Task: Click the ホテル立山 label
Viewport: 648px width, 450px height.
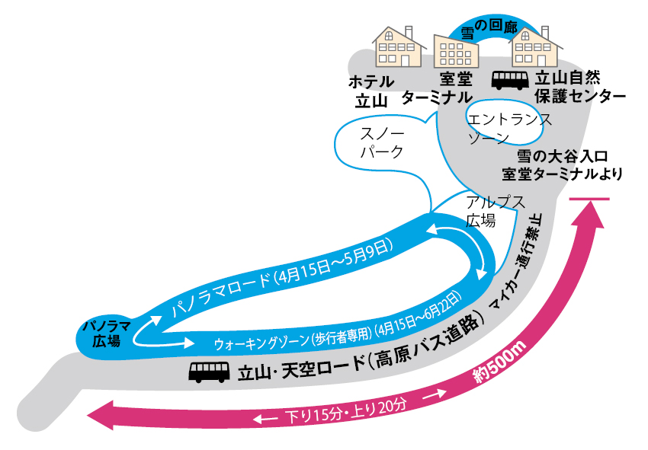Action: tap(371, 89)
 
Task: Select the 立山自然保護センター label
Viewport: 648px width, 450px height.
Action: tap(579, 88)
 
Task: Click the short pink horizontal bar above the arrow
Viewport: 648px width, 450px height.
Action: tap(589, 199)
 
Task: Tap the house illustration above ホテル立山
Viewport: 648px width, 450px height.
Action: tap(398, 46)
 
